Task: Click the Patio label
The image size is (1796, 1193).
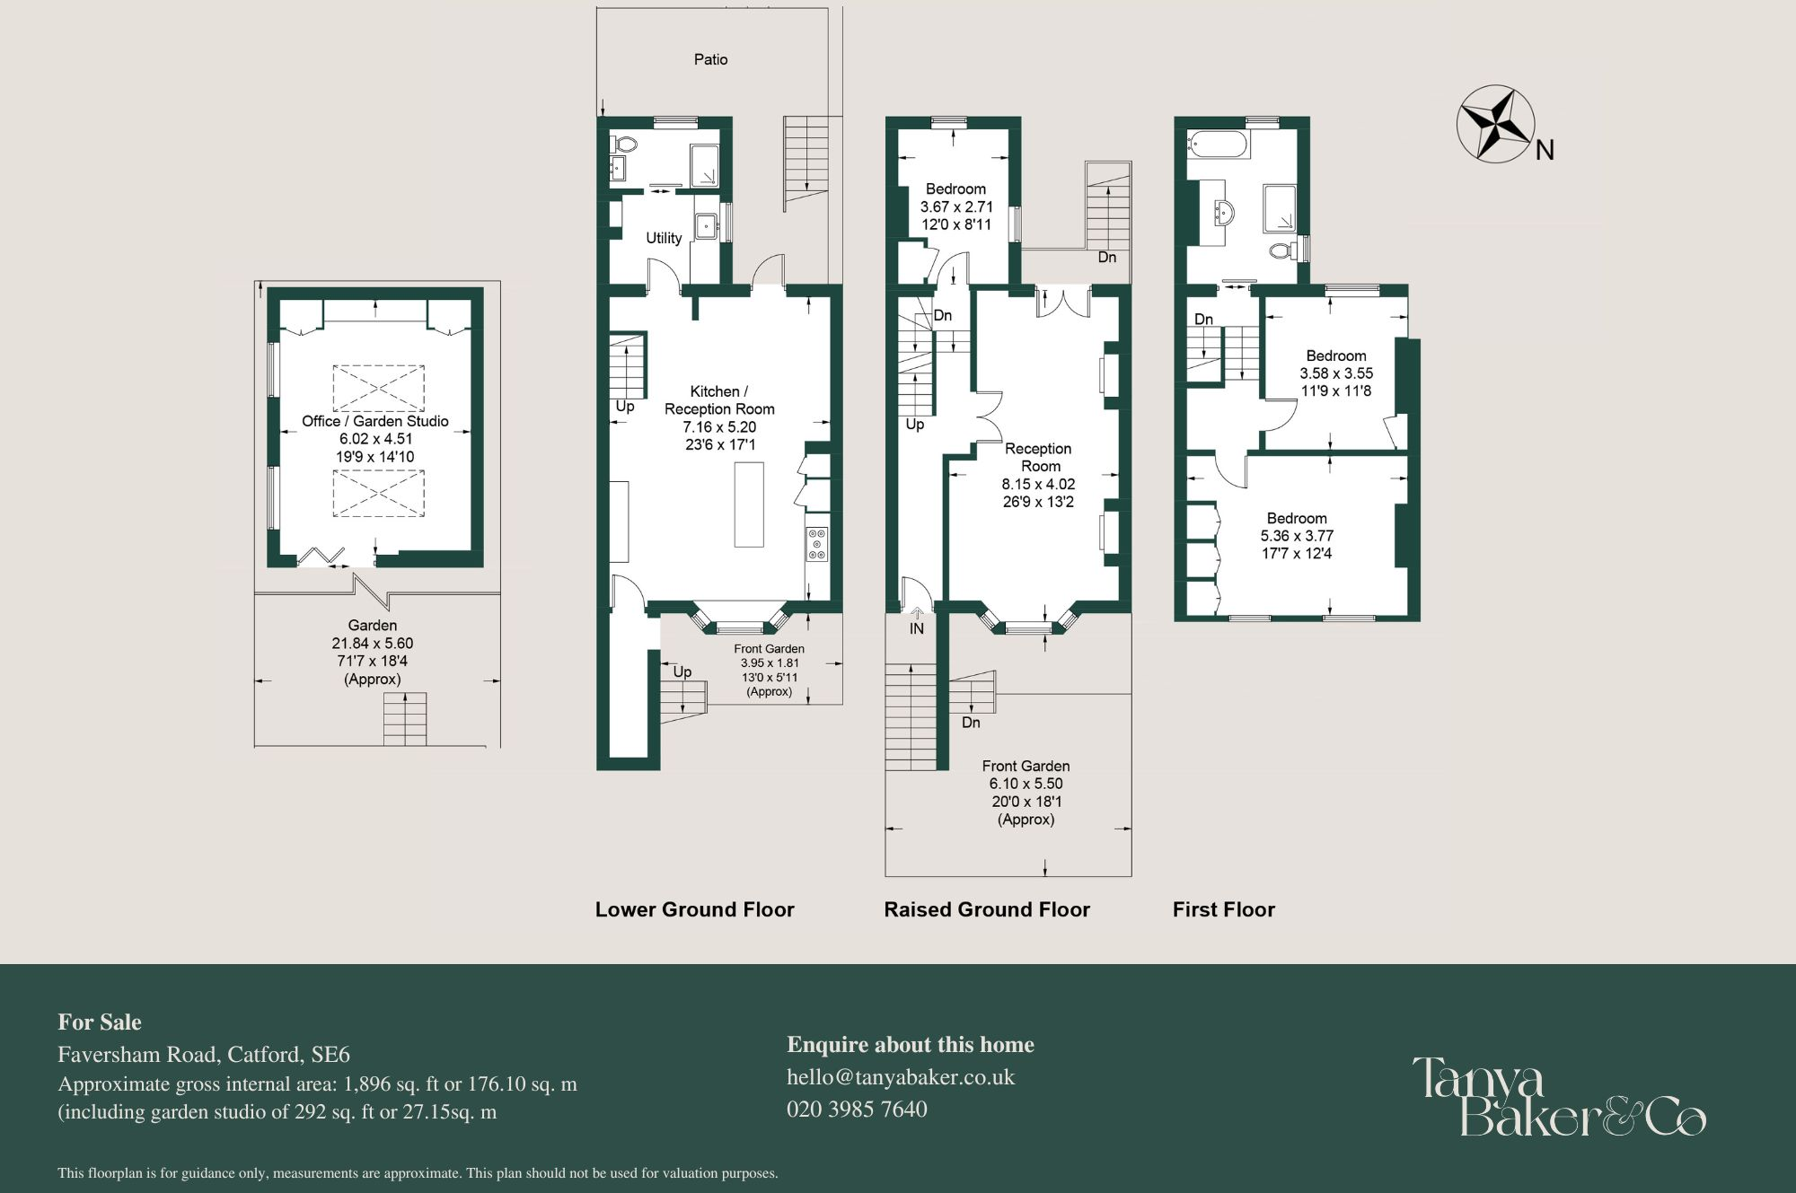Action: pyautogui.click(x=710, y=59)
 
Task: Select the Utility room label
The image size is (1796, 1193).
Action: pyautogui.click(x=664, y=238)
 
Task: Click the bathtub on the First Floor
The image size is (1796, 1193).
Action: pyautogui.click(x=1217, y=145)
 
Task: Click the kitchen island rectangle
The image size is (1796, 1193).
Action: pyautogui.click(x=749, y=504)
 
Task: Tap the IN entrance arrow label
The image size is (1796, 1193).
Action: pyautogui.click(x=917, y=628)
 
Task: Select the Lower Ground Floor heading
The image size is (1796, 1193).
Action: pyautogui.click(x=694, y=909)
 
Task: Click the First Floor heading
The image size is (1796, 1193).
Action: pyautogui.click(x=1223, y=909)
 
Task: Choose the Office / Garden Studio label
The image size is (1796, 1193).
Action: pyautogui.click(x=374, y=421)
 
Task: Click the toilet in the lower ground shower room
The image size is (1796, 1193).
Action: pyautogui.click(x=625, y=144)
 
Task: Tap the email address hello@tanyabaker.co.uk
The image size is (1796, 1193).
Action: pyautogui.click(x=900, y=1077)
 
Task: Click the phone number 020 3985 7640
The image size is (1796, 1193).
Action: pyautogui.click(x=857, y=1110)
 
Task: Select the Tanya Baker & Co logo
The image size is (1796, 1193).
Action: pyautogui.click(x=1558, y=1096)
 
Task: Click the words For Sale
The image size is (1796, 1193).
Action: pyautogui.click(x=100, y=1022)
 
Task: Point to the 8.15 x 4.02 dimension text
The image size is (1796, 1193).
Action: pyautogui.click(x=1038, y=484)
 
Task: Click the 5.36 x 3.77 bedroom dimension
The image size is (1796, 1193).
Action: pyautogui.click(x=1297, y=536)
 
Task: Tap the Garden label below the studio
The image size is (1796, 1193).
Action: pyautogui.click(x=372, y=626)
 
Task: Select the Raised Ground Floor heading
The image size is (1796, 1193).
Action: pyautogui.click(x=986, y=909)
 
